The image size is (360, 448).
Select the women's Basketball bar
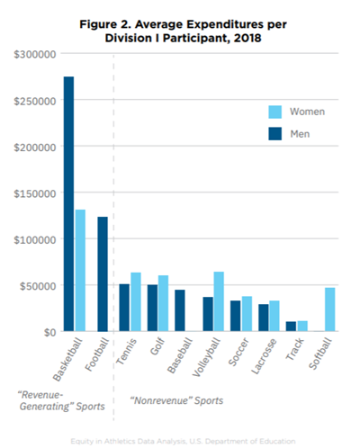80,271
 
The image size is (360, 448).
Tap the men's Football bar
102,274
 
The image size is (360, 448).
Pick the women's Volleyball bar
219,301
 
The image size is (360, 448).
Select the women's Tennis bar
136,302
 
